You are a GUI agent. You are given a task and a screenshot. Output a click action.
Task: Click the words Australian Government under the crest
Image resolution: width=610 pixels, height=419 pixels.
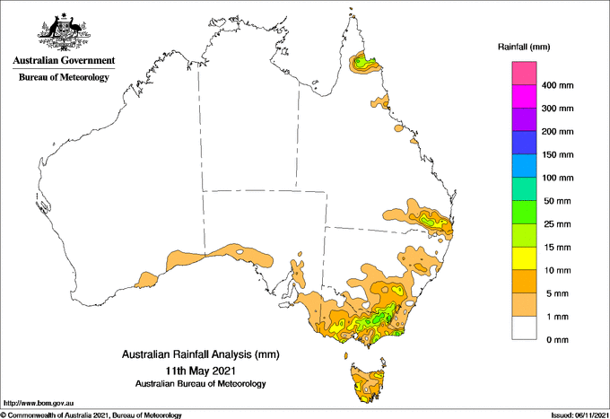(x=64, y=61)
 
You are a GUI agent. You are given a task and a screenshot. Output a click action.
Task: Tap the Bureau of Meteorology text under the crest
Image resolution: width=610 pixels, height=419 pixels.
(x=64, y=77)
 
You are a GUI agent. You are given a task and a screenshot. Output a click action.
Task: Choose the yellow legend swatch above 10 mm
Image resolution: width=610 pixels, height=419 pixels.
(x=524, y=258)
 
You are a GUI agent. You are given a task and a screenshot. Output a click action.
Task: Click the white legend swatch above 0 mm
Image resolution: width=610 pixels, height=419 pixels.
(x=524, y=328)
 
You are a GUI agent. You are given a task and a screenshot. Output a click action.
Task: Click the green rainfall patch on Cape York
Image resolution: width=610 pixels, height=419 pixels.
(x=363, y=64)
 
